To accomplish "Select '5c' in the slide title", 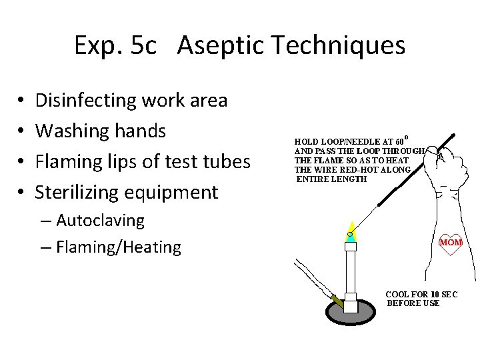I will [x=144, y=45].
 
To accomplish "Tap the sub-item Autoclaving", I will [x=100, y=220].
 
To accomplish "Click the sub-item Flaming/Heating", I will [x=118, y=247].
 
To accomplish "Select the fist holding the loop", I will [x=453, y=167].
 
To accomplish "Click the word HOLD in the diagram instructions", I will [x=307, y=142].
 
